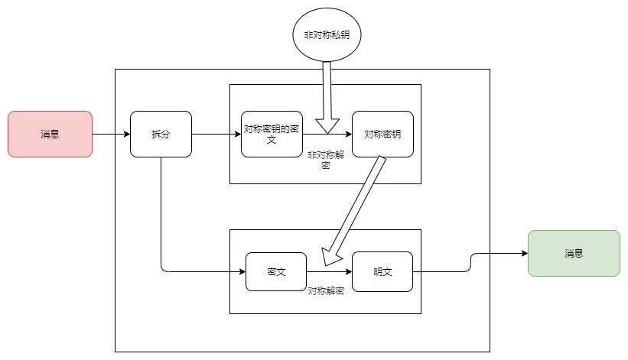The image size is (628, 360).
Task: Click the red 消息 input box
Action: pos(50,134)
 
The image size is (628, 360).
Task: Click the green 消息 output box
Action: pos(574,253)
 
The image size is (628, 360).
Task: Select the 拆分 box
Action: pos(161,134)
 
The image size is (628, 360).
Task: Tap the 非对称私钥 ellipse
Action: pos(327,35)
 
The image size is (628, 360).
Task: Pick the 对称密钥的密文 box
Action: pos(272,134)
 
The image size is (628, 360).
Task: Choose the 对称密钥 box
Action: pos(383,134)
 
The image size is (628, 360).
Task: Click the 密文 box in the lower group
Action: pos(276,271)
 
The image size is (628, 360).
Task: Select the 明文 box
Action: pos(382,271)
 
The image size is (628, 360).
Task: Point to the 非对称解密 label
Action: pos(326,160)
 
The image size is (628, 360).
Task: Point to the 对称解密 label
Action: pos(326,291)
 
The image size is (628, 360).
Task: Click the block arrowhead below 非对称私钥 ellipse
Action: pos(327,125)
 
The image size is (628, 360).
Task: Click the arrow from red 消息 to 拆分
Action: pos(112,134)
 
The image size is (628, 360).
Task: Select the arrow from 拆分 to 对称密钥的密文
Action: pos(216,134)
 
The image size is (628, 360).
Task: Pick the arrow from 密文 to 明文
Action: pos(329,271)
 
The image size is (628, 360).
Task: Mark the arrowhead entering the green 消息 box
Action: pos(525,253)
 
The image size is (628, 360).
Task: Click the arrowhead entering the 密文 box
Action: pos(242,271)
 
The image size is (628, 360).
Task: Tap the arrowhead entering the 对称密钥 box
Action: pos(349,134)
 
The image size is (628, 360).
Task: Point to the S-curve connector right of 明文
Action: pos(470,262)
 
